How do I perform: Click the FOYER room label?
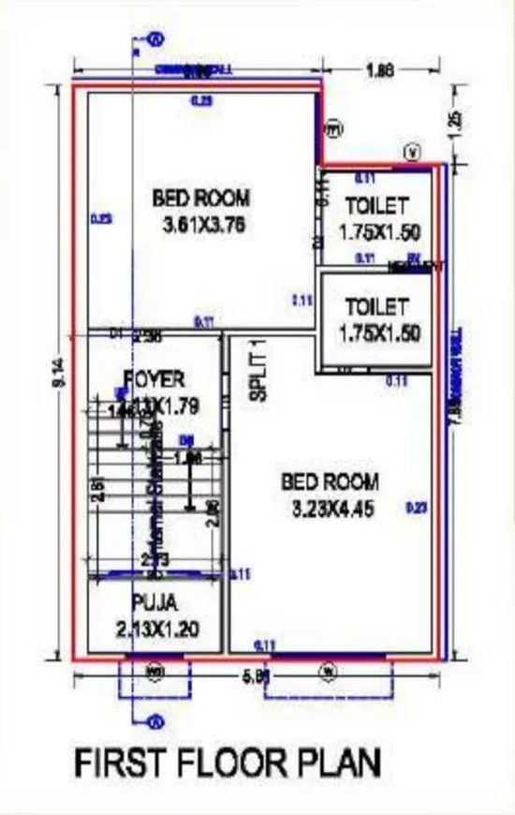click(x=154, y=379)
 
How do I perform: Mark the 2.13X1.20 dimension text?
click(x=156, y=628)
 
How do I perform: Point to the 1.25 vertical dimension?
click(x=456, y=124)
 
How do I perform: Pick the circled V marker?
click(x=411, y=151)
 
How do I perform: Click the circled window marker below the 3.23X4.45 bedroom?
click(x=327, y=670)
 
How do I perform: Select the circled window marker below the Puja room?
click(x=155, y=670)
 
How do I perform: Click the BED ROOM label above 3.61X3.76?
click(x=200, y=199)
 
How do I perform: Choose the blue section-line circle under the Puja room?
click(x=155, y=721)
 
